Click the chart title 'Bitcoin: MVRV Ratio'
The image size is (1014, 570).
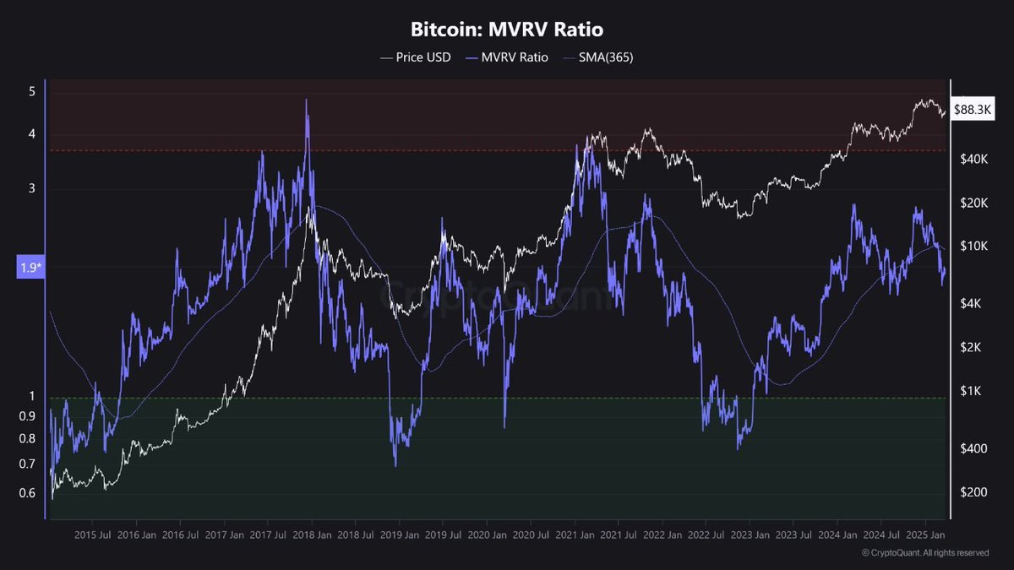coord(507,30)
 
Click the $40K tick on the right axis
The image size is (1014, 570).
coord(971,159)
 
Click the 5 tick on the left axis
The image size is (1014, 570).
coord(32,91)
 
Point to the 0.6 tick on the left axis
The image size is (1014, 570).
coord(28,494)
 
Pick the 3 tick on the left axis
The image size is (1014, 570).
coord(32,188)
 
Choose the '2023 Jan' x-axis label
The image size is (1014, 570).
coord(751,535)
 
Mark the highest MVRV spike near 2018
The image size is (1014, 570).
coord(306,100)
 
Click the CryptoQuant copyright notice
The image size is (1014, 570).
coord(925,553)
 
